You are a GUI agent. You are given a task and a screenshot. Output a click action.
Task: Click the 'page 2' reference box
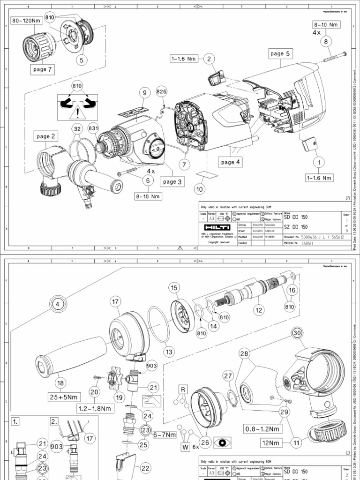46,136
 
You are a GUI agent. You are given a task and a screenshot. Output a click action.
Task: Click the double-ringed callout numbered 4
58,303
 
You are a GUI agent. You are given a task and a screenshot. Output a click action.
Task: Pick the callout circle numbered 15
174,287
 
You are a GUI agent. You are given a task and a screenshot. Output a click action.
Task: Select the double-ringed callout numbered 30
296,332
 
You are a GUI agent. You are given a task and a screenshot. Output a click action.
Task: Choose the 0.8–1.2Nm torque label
263,428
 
